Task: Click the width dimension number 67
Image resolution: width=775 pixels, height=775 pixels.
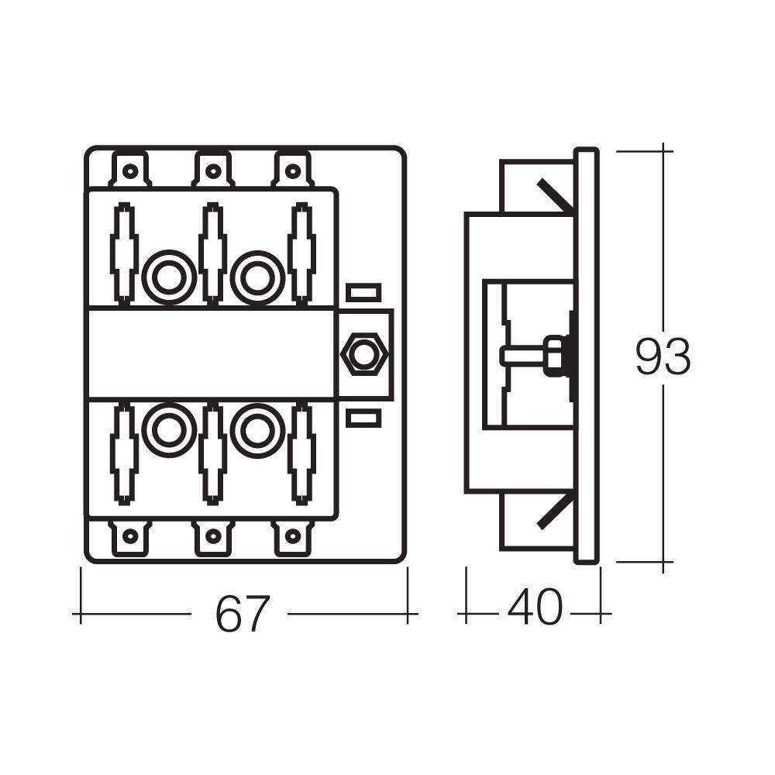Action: tap(240, 614)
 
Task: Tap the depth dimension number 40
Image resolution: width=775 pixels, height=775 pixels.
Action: tap(535, 608)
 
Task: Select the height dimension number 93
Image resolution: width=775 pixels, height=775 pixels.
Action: tap(663, 357)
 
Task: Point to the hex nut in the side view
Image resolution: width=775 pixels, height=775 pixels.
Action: tap(554, 356)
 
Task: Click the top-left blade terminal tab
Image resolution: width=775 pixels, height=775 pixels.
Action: tap(131, 170)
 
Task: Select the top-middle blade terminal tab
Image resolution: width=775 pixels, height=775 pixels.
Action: tap(212, 170)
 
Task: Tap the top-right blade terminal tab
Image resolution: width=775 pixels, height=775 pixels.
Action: tap(291, 170)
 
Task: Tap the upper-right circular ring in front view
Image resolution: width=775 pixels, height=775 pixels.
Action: tap(255, 277)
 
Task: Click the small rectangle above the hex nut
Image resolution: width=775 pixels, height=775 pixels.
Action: tap(363, 293)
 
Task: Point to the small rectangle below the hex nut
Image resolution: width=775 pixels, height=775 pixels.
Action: tap(363, 419)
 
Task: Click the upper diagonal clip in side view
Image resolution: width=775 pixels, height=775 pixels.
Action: tap(553, 197)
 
